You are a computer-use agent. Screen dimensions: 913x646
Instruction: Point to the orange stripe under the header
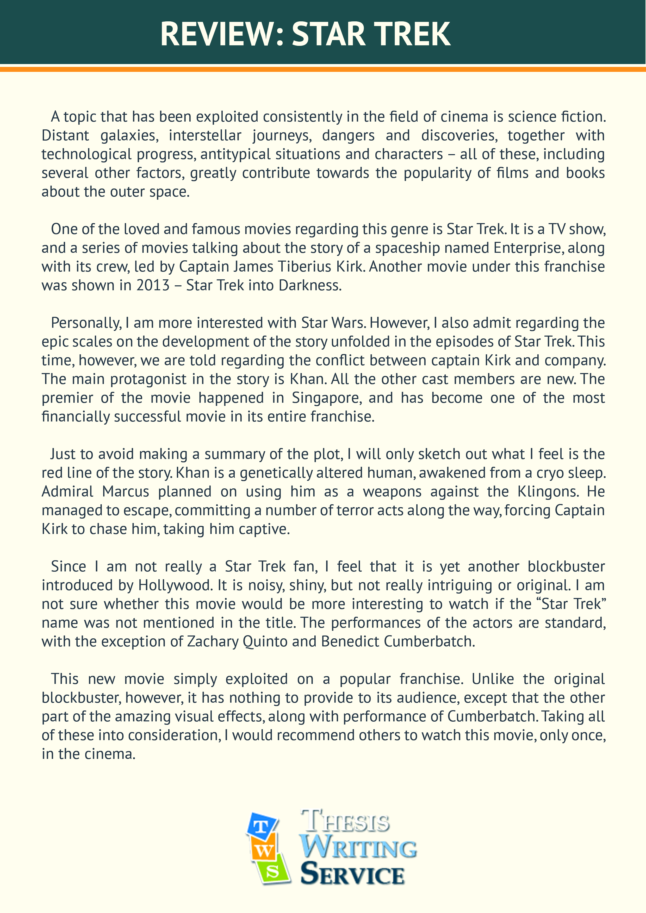click(x=323, y=70)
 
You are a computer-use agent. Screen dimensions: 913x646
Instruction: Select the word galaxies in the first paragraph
click(x=129, y=136)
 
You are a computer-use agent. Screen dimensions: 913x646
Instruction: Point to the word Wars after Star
click(x=351, y=323)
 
